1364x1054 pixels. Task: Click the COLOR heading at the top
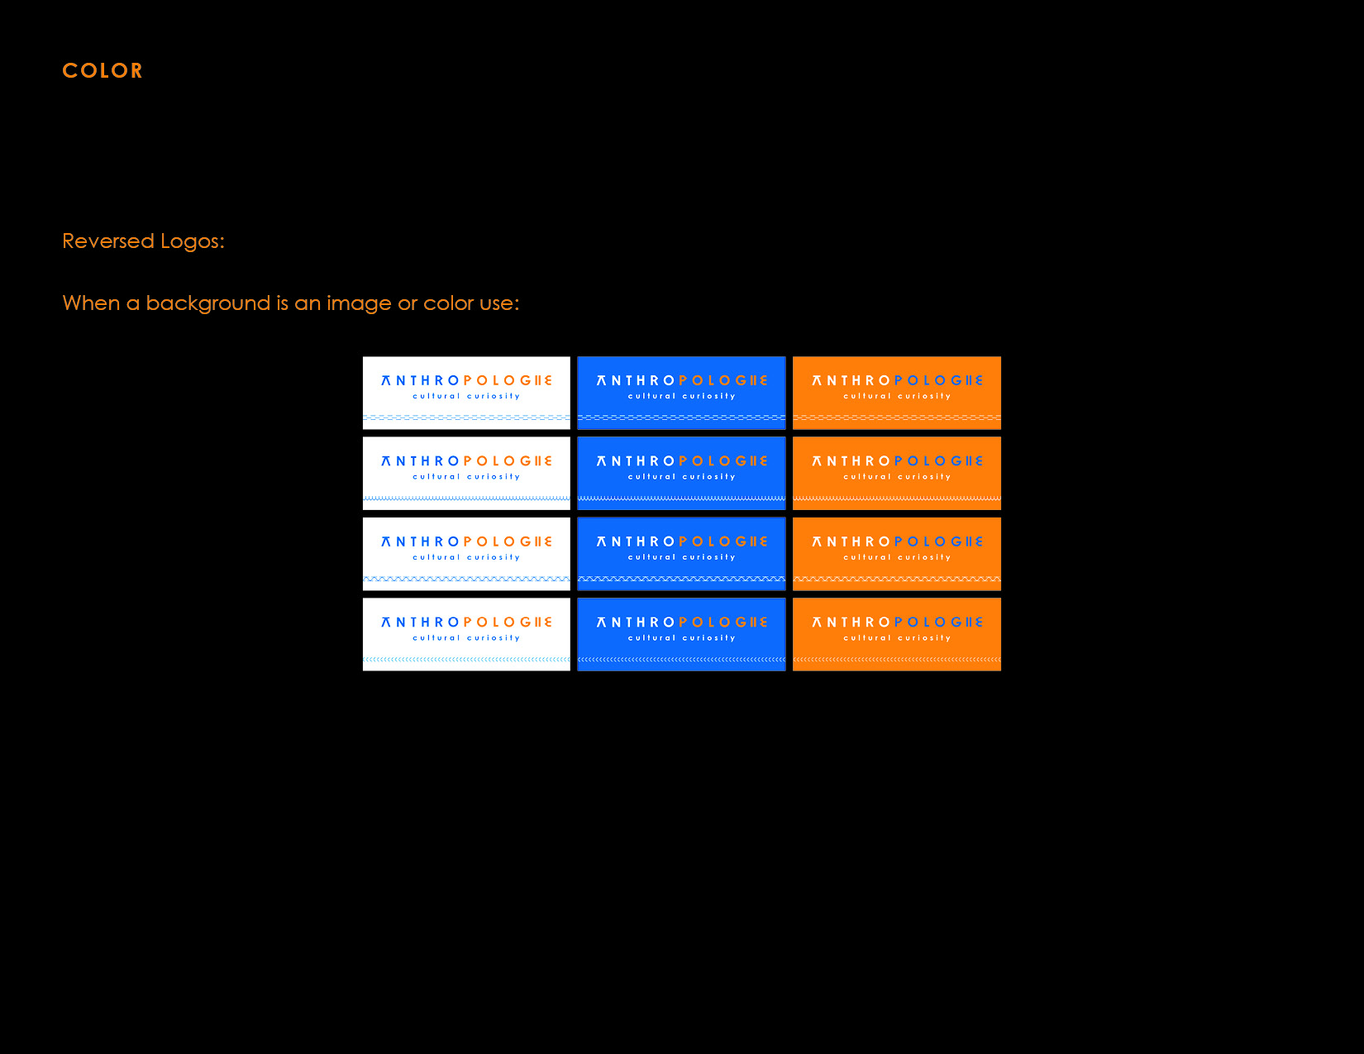[103, 70]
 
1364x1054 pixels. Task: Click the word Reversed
[108, 241]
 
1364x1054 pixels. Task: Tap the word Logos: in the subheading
[192, 241]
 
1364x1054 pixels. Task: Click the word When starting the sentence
[91, 303]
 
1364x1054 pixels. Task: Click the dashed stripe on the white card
[466, 417]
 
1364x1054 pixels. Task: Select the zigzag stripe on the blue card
[681, 579]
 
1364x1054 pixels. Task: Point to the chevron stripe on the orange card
[896, 659]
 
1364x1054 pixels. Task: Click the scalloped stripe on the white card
[466, 498]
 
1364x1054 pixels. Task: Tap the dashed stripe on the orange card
[896, 417]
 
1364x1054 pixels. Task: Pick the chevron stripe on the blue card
[681, 659]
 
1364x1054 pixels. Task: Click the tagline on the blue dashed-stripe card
[681, 396]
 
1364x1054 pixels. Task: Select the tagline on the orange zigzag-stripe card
[896, 557]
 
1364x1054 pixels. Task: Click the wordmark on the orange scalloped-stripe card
[896, 460]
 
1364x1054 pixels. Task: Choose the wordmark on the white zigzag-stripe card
[466, 541]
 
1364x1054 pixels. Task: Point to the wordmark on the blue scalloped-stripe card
[681, 460]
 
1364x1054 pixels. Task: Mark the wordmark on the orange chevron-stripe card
[896, 622]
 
